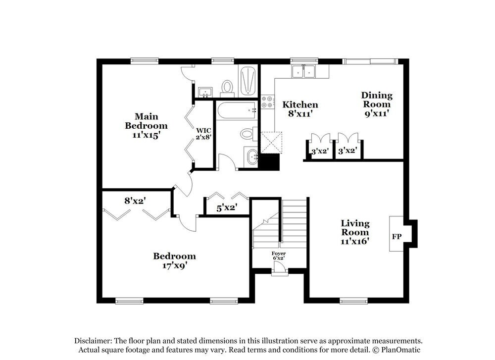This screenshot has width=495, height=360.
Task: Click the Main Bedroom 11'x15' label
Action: pyautogui.click(x=146, y=125)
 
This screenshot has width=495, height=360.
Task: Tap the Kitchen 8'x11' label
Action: pyautogui.click(x=300, y=109)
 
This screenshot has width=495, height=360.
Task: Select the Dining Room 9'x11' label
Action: pyautogui.click(x=377, y=104)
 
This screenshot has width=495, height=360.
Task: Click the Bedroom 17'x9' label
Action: pyautogui.click(x=174, y=260)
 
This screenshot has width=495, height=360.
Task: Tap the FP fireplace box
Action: pyautogui.click(x=396, y=237)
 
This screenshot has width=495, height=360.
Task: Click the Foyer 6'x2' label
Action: pyautogui.click(x=279, y=256)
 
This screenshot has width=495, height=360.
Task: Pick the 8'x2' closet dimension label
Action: pyautogui.click(x=135, y=201)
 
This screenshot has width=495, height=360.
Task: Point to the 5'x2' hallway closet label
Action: pyautogui.click(x=226, y=208)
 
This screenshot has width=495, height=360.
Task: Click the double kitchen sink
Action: pyautogui.click(x=304, y=72)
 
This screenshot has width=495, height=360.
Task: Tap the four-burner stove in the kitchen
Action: pyautogui.click(x=267, y=102)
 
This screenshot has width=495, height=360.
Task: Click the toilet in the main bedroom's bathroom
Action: pyautogui.click(x=227, y=87)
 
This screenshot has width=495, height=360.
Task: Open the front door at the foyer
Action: pyautogui.click(x=280, y=268)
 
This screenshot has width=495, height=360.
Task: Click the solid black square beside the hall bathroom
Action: pyautogui.click(x=270, y=162)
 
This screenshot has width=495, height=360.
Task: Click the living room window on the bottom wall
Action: pyautogui.click(x=353, y=301)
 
